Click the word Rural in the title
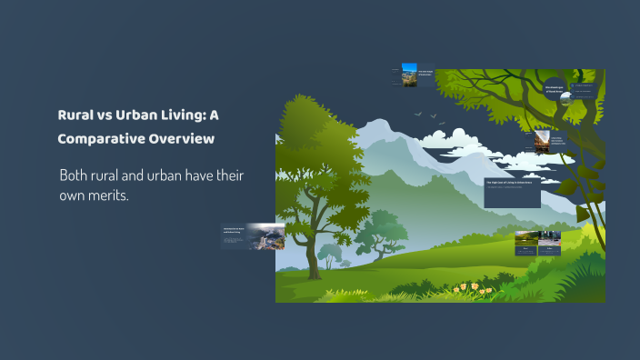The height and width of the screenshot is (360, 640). click(x=75, y=115)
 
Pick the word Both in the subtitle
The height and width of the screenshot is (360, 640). click(x=76, y=174)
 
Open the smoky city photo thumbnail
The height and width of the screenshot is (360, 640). click(x=266, y=236)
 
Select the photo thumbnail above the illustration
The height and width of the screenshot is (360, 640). click(x=409, y=75)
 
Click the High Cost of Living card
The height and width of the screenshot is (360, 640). click(x=513, y=192)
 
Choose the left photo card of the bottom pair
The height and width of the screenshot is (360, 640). click(x=526, y=243)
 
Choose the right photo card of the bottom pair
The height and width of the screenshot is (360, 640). click(x=550, y=243)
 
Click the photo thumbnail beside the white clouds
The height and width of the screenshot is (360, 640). click(x=541, y=141)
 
